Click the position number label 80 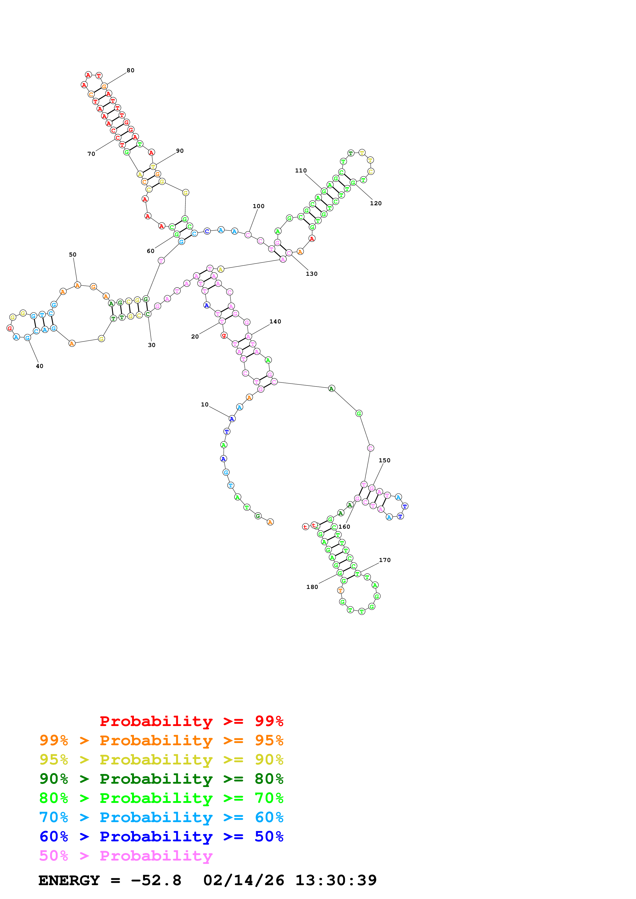tap(131, 70)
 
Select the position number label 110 tap(301, 170)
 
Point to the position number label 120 tap(376, 203)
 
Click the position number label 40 tap(40, 366)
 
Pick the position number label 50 tap(73, 254)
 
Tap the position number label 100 tap(259, 206)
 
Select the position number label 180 tap(312, 587)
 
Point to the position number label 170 tap(385, 560)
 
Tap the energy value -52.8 tap(156, 880)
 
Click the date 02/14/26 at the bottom tap(244, 880)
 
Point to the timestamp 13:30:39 tap(336, 880)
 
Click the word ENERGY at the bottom tap(69, 880)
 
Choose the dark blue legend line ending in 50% tap(161, 836)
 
